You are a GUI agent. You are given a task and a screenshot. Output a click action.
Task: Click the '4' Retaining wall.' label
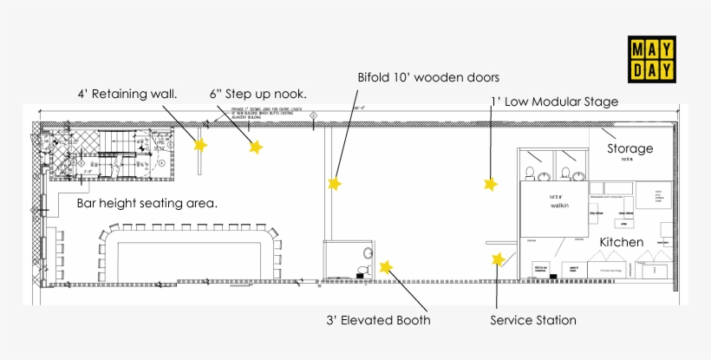tap(127, 94)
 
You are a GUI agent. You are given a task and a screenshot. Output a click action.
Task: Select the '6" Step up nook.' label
tap(258, 94)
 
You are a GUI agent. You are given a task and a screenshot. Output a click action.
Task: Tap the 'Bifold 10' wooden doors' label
tap(428, 76)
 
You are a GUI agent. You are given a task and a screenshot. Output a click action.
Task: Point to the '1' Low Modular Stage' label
tap(554, 101)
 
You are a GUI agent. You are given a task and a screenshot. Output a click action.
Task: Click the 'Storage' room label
tap(629, 148)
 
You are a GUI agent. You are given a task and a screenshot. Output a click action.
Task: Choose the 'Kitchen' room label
tap(622, 242)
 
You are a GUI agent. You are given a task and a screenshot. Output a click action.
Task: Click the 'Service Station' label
tap(532, 320)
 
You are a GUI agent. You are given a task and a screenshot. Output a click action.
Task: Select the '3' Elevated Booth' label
tap(378, 320)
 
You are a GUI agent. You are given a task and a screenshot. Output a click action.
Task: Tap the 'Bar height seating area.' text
tap(147, 203)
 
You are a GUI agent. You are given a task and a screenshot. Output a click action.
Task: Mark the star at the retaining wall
tap(200, 146)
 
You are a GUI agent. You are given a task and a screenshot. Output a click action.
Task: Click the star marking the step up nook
tap(255, 147)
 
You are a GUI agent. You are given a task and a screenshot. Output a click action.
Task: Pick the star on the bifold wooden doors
tap(334, 184)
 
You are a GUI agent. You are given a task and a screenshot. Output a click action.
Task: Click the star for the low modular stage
tap(490, 184)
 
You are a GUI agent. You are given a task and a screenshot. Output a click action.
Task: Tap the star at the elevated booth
tap(386, 267)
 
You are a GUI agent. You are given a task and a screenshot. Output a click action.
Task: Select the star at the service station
tap(498, 259)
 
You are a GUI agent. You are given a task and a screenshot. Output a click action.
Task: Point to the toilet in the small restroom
tap(368, 253)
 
